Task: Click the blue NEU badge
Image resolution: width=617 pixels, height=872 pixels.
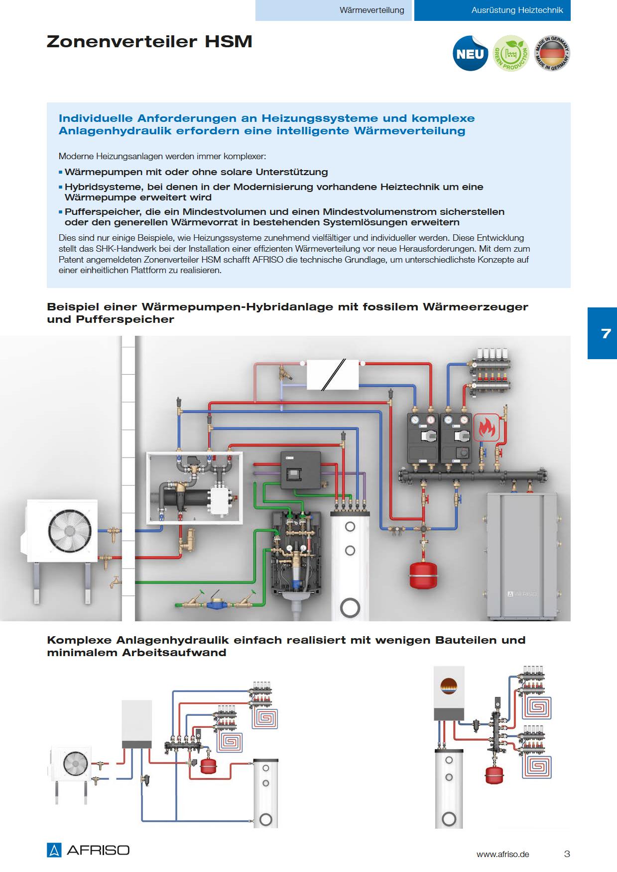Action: click(x=470, y=54)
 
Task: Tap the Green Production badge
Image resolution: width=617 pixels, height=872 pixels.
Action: click(x=510, y=53)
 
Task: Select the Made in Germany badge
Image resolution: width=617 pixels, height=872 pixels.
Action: click(x=552, y=53)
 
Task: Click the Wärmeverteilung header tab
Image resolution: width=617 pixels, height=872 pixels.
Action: click(x=371, y=10)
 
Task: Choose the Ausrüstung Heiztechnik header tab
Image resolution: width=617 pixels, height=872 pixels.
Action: click(x=517, y=10)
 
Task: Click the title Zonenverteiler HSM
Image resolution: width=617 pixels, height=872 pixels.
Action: click(x=149, y=41)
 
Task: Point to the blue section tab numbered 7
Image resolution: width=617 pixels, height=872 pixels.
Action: click(x=605, y=333)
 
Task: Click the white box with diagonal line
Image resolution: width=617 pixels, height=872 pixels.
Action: click(x=333, y=375)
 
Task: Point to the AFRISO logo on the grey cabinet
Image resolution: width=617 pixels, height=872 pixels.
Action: click(x=522, y=593)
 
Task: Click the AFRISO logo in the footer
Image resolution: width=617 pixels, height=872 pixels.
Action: click(x=88, y=850)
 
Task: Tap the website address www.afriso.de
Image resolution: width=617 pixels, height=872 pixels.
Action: click(x=502, y=854)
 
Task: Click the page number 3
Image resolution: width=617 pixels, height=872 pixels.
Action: click(x=567, y=854)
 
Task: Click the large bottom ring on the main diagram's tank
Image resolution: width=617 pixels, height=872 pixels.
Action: click(x=350, y=607)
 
